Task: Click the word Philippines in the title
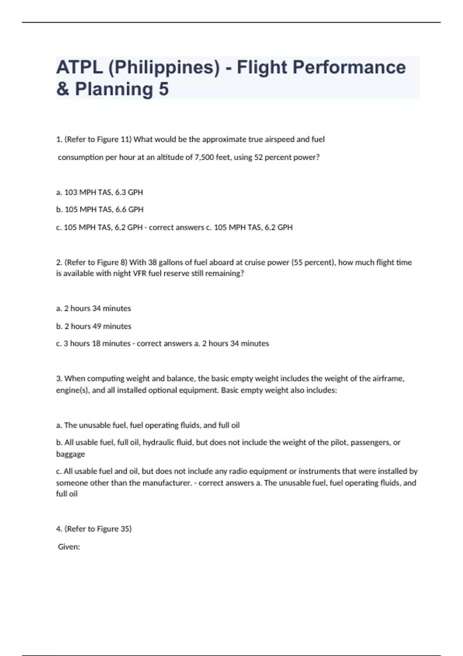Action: [x=164, y=68]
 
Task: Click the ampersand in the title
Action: [x=63, y=89]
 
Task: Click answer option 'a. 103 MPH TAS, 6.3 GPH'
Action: [x=100, y=192]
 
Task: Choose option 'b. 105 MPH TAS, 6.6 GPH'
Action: [x=100, y=210]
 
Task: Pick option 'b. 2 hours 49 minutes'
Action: [x=94, y=326]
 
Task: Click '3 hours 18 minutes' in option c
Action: [x=97, y=343]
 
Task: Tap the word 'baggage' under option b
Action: [x=71, y=454]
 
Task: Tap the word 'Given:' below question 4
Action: [x=69, y=547]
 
